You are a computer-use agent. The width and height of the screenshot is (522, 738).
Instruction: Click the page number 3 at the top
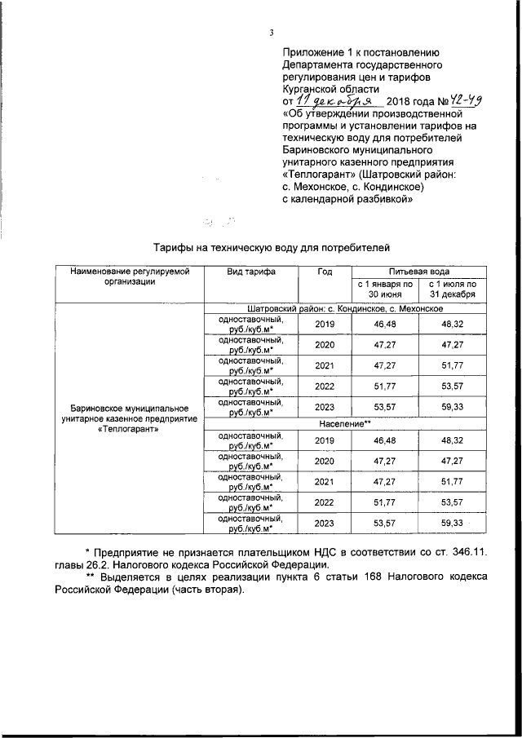(x=270, y=33)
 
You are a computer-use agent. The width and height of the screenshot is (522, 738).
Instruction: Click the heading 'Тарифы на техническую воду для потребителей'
(x=273, y=245)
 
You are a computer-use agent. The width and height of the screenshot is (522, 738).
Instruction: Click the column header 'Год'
(x=325, y=271)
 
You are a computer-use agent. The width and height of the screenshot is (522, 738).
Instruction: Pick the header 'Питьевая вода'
(x=418, y=271)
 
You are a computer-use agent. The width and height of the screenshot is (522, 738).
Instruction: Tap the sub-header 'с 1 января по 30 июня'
(x=384, y=289)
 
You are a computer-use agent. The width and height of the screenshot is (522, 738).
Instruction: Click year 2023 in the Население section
(x=325, y=523)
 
